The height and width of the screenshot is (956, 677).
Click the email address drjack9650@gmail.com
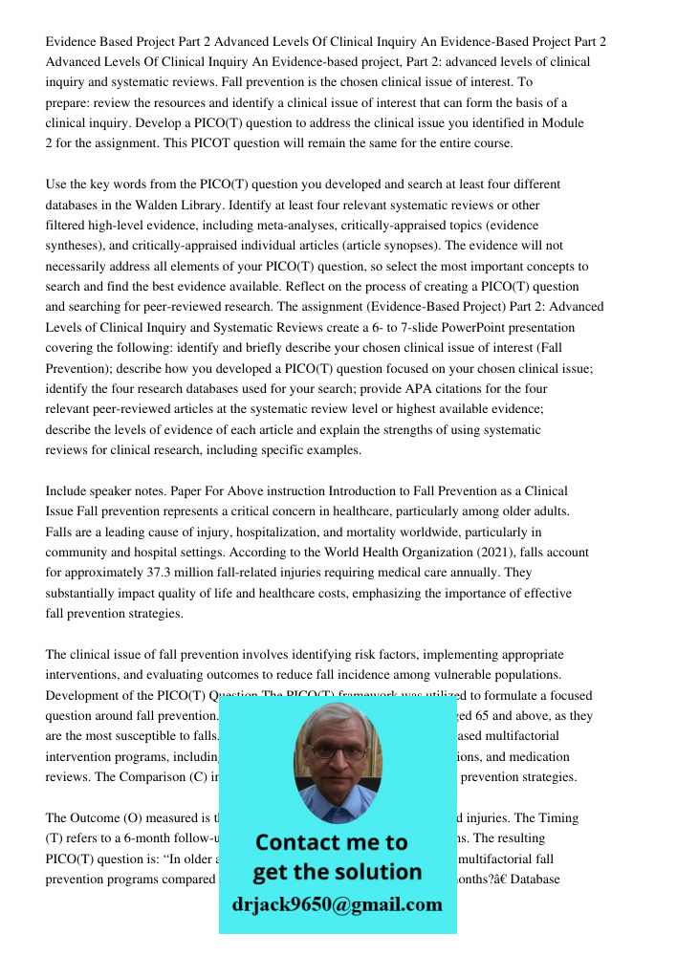(x=338, y=904)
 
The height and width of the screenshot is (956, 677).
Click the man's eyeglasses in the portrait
(x=337, y=751)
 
